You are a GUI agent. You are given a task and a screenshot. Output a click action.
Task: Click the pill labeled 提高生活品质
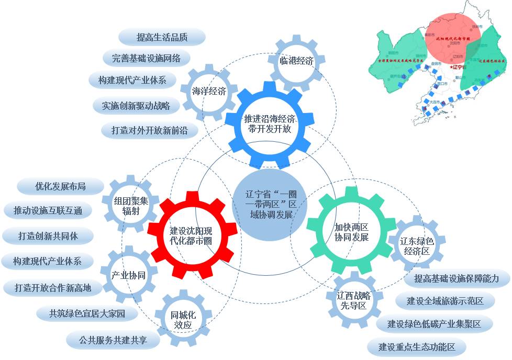[162, 37]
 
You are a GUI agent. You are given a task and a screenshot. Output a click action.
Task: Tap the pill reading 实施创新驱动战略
[136, 106]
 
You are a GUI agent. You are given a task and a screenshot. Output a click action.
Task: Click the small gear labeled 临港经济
[296, 61]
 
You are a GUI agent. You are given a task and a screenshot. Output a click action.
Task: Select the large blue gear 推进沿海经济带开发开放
[270, 123]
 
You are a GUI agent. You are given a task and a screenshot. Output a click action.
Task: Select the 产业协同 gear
[128, 275]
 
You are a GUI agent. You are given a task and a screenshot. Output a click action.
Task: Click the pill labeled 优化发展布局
[60, 186]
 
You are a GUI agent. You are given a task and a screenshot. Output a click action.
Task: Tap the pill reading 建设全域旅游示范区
[444, 301]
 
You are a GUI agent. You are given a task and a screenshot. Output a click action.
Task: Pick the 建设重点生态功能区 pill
[416, 346]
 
